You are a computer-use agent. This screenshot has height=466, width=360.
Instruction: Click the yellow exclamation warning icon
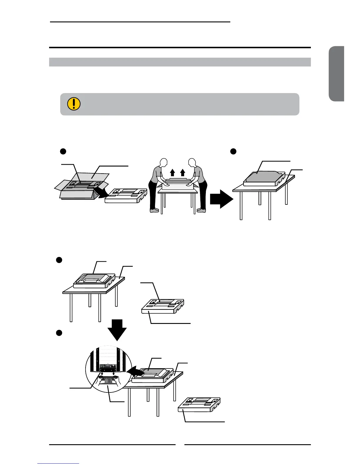(x=74, y=104)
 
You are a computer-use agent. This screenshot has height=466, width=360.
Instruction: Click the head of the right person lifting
(x=192, y=164)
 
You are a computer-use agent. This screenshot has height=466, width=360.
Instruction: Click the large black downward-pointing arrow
(x=117, y=329)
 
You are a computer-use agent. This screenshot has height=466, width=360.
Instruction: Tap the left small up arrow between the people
(x=173, y=172)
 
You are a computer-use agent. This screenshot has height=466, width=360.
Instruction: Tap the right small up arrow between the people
(x=183, y=172)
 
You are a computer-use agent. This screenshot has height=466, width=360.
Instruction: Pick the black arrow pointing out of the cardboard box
(x=99, y=194)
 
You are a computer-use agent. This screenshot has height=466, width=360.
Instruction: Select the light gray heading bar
(x=180, y=62)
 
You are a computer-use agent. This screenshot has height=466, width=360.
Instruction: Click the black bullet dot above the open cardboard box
(x=62, y=151)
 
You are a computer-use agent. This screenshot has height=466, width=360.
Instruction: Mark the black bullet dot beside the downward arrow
(x=59, y=333)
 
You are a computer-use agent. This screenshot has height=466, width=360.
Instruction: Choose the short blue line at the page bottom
(x=58, y=463)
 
